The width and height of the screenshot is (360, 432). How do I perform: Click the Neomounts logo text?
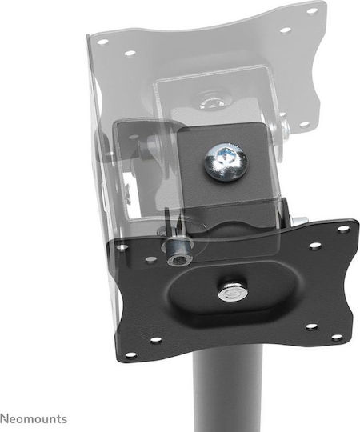(34, 418)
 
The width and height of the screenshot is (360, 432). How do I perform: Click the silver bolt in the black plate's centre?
(231, 292)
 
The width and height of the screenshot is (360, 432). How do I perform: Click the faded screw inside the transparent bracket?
(213, 103)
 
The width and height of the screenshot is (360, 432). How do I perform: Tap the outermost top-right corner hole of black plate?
(342, 228)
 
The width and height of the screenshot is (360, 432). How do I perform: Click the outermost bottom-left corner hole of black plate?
(134, 355)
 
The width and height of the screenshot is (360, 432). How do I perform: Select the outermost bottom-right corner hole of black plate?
(336, 337)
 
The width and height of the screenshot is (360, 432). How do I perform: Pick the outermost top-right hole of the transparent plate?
(312, 11)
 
